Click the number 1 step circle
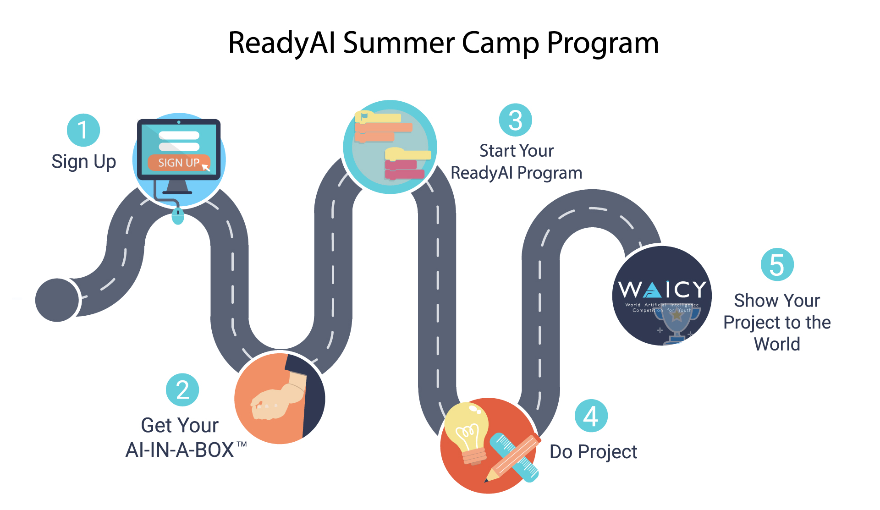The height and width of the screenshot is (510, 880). coord(83,130)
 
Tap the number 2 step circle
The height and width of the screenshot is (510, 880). coord(182,390)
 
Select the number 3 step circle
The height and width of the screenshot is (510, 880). coord(516,120)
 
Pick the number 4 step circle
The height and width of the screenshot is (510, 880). coord(591,416)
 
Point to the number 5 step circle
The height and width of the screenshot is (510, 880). coord(777,264)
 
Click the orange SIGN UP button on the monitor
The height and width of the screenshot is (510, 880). coord(179,163)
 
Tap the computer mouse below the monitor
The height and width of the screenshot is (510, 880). coord(178,215)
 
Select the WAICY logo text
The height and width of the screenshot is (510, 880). coord(662,289)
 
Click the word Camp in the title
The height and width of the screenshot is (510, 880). coord(500,43)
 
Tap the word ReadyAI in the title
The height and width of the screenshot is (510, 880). coord(282,43)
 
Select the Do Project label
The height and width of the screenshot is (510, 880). coord(594,452)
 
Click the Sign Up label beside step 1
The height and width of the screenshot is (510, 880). coord(84,162)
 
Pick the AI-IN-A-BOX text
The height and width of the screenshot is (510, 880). coord(180,450)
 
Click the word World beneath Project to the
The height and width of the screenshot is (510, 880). coord(777,344)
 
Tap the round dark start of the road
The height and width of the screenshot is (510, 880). coord(57,300)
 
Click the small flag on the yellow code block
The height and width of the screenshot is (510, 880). coord(364,117)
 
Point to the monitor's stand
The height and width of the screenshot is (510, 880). coord(178,186)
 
